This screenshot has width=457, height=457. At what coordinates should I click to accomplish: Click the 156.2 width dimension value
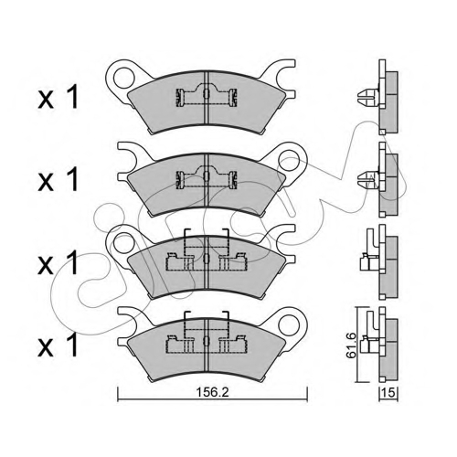[x=212, y=392]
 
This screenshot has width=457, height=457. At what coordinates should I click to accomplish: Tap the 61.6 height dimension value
[x=351, y=345]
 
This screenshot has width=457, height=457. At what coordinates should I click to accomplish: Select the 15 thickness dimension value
[x=388, y=393]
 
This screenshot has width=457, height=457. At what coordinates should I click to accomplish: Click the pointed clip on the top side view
[x=368, y=97]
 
